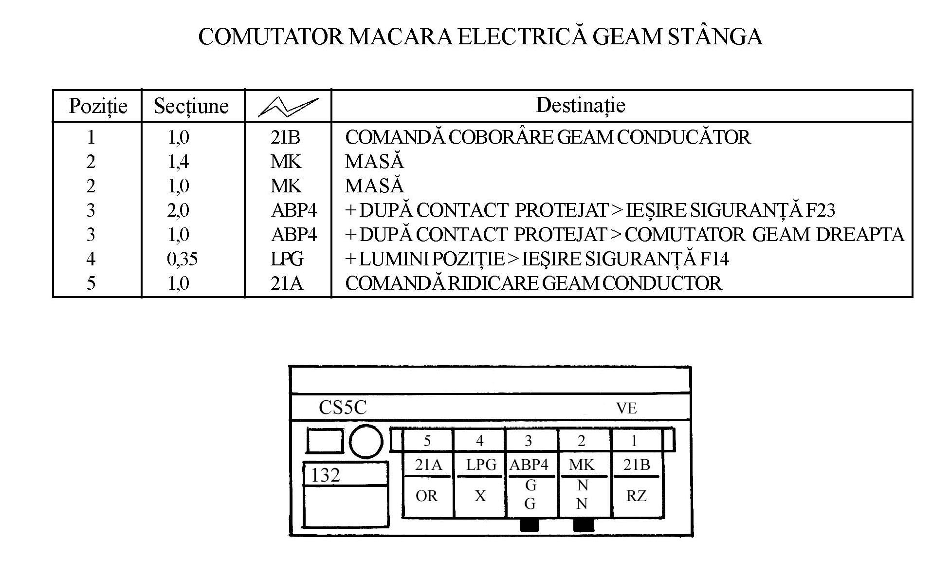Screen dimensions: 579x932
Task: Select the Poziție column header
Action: tap(98, 106)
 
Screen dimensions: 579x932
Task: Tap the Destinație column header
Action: tap(580, 105)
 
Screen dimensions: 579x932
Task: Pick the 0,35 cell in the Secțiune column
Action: tap(182, 259)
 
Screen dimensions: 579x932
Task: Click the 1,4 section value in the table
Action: tap(178, 162)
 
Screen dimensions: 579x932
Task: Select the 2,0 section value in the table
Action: tap(178, 210)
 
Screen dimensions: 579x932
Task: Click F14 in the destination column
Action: tap(714, 259)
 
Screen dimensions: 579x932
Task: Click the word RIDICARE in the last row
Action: tap(493, 283)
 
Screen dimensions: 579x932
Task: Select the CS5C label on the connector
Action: tap(342, 408)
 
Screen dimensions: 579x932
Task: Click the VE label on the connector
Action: tap(626, 408)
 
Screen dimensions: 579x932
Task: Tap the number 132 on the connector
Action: tap(325, 475)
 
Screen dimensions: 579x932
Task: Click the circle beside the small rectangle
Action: tap(365, 442)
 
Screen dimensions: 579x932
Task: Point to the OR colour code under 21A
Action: tap(426, 496)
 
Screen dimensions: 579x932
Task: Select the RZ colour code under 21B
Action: tap(636, 496)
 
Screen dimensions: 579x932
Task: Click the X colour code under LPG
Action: tap(480, 496)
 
